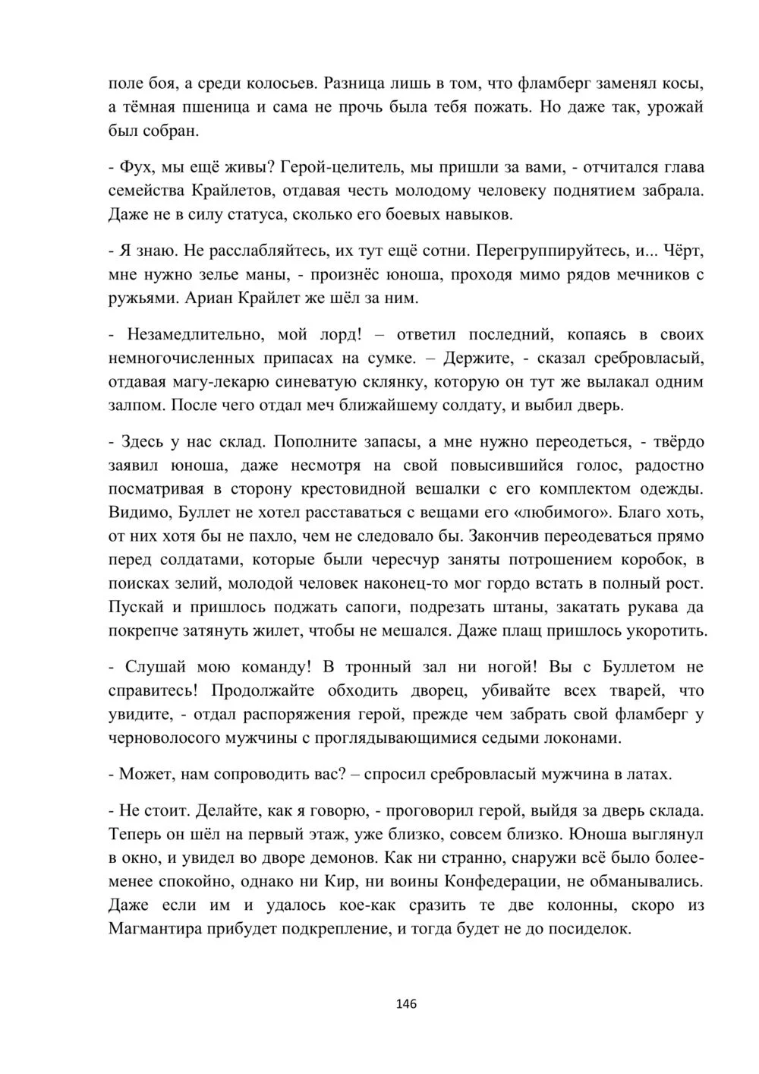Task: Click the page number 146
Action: pos(407,1004)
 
